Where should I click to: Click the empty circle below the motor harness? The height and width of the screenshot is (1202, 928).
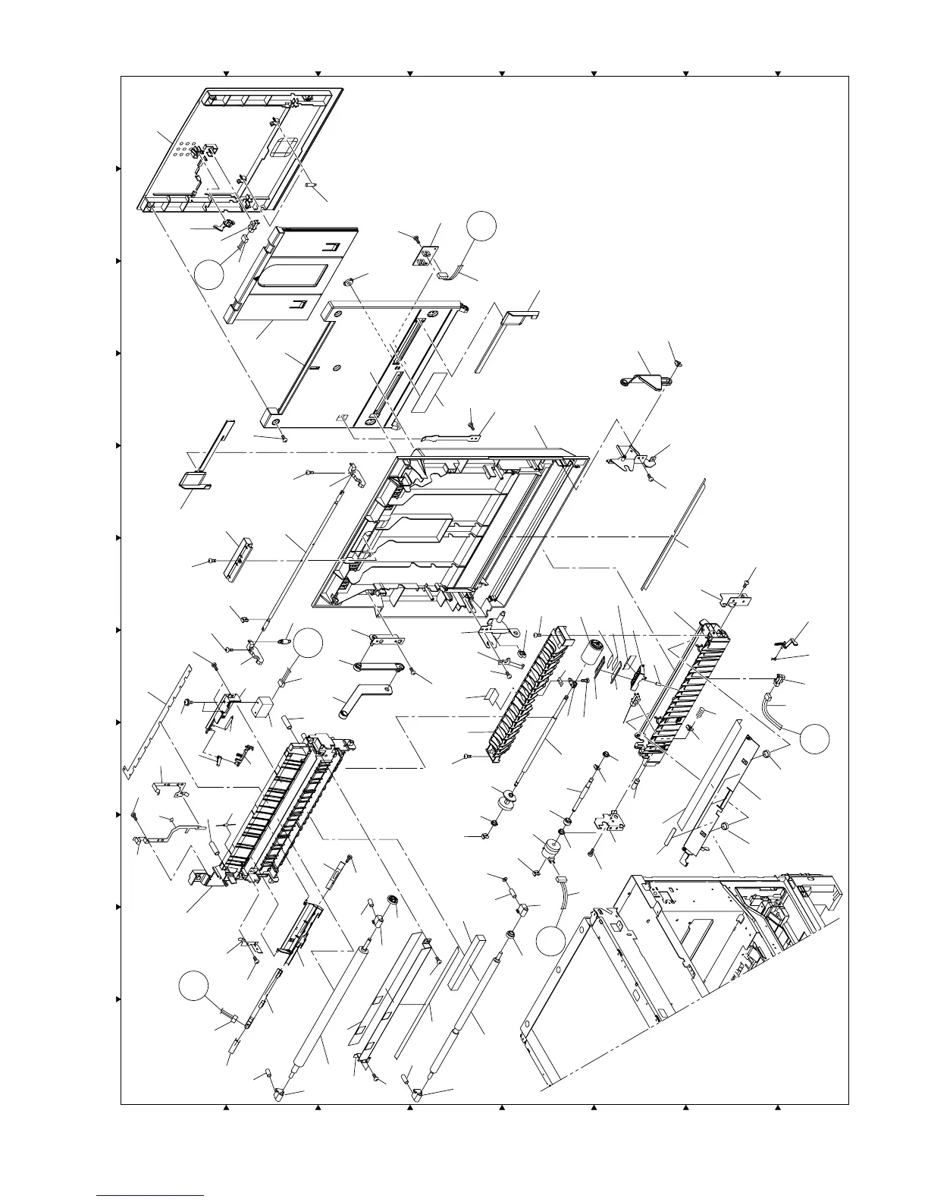coord(551,941)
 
